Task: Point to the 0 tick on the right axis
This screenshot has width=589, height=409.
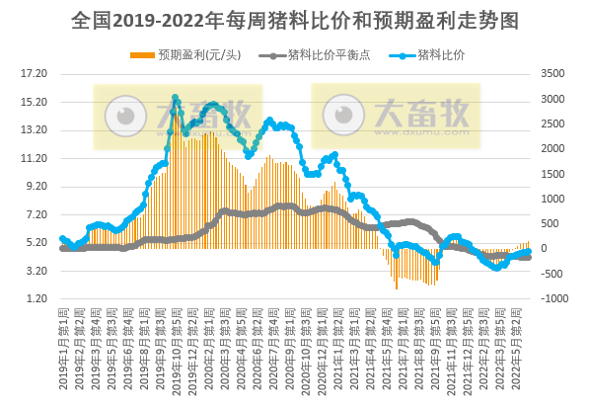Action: point(546,249)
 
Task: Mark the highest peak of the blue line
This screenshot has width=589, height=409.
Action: point(175,98)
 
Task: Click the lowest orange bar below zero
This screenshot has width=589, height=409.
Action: point(397,287)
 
